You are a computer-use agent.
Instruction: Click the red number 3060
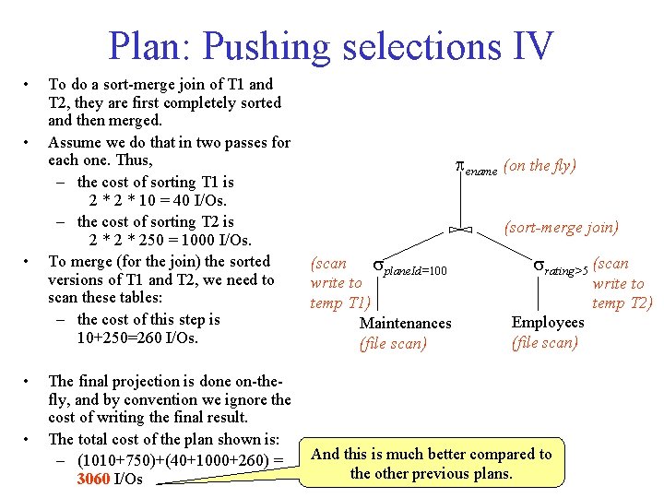point(93,480)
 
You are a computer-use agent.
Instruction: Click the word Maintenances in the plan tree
point(405,323)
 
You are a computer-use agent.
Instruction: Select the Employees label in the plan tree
point(548,322)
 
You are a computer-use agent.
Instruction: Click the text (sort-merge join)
point(562,227)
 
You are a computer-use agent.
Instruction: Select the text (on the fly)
point(540,166)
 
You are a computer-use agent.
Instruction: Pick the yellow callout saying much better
point(431,464)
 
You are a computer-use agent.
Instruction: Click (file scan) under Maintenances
point(393,344)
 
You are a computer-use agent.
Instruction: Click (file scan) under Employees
point(545,342)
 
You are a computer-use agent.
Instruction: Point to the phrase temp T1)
point(339,302)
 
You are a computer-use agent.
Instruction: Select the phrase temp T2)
point(622,302)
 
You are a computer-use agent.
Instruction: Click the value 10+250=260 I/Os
point(138,338)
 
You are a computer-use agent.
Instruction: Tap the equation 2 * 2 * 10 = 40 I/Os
point(158,201)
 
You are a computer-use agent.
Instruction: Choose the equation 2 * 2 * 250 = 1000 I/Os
point(170,241)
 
